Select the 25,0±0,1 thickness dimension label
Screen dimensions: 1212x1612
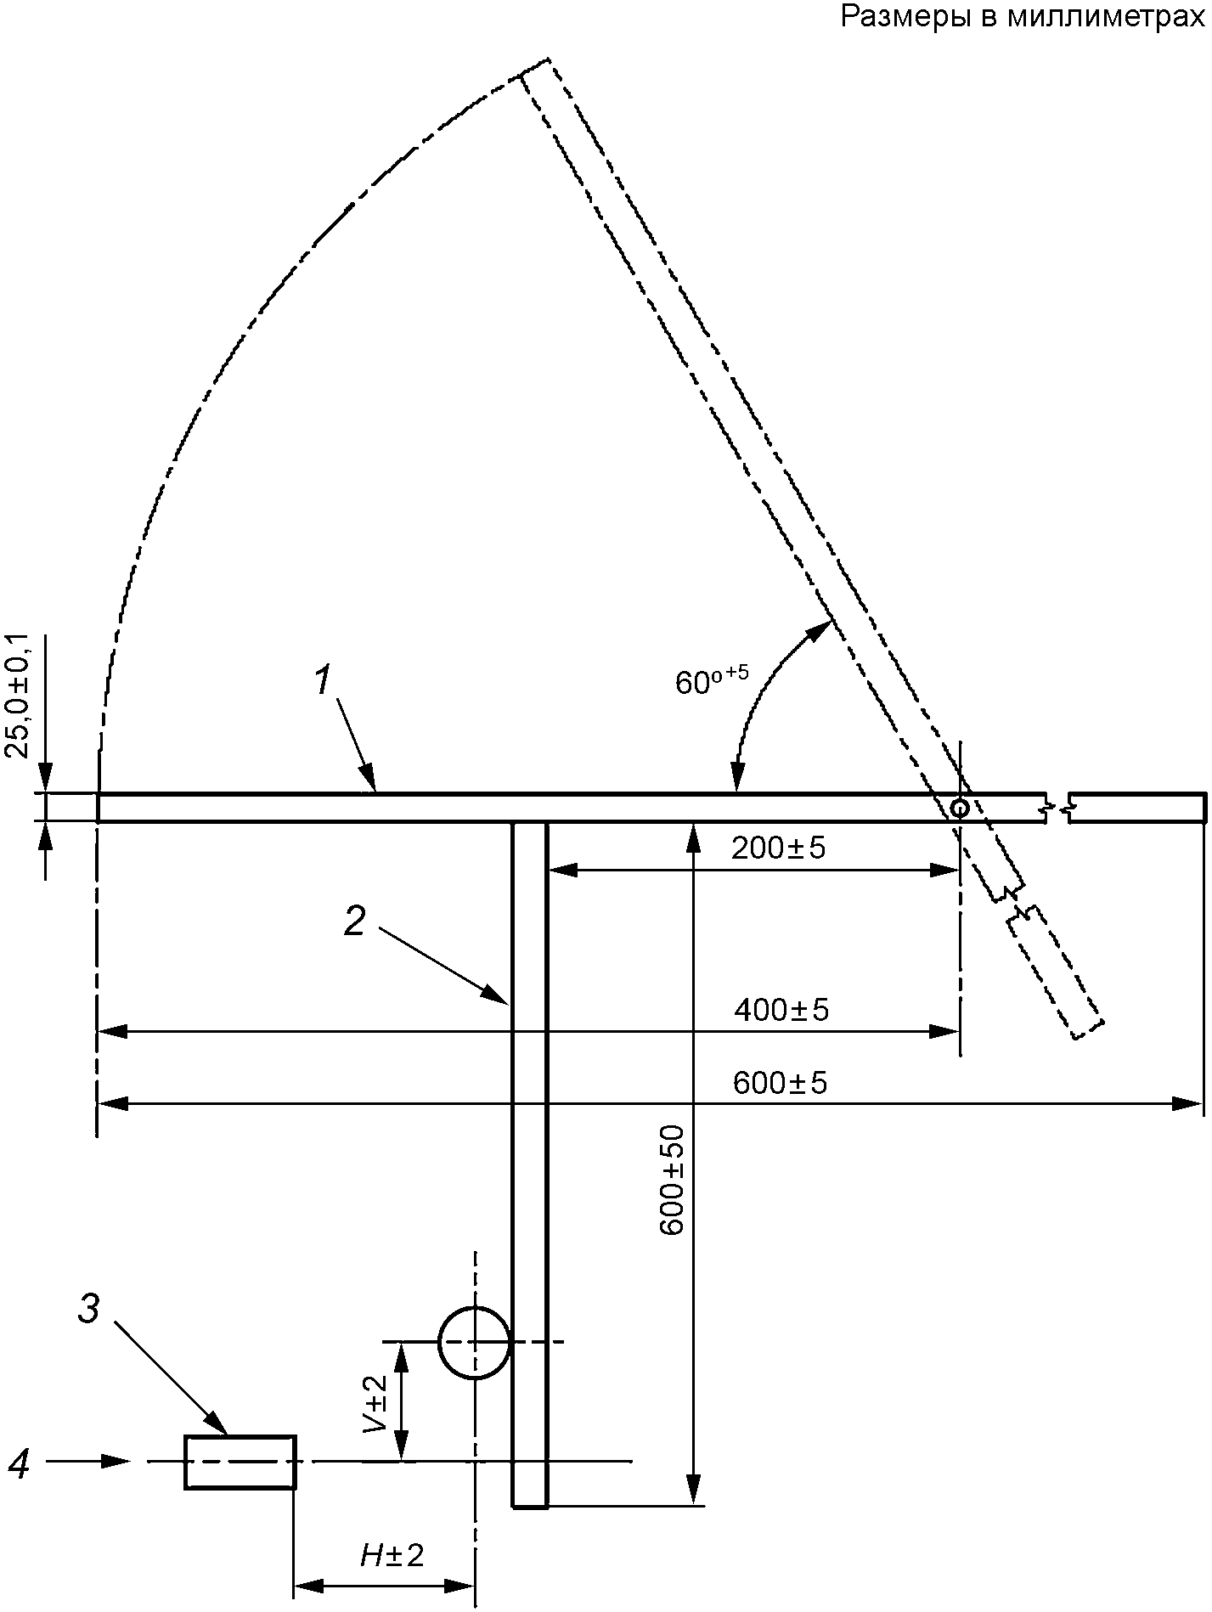[x=19, y=695]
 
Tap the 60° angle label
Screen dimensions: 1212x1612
[x=712, y=680]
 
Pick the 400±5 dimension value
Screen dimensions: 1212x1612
[x=781, y=1010]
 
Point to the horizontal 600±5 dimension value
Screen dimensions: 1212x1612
[x=780, y=1083]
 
